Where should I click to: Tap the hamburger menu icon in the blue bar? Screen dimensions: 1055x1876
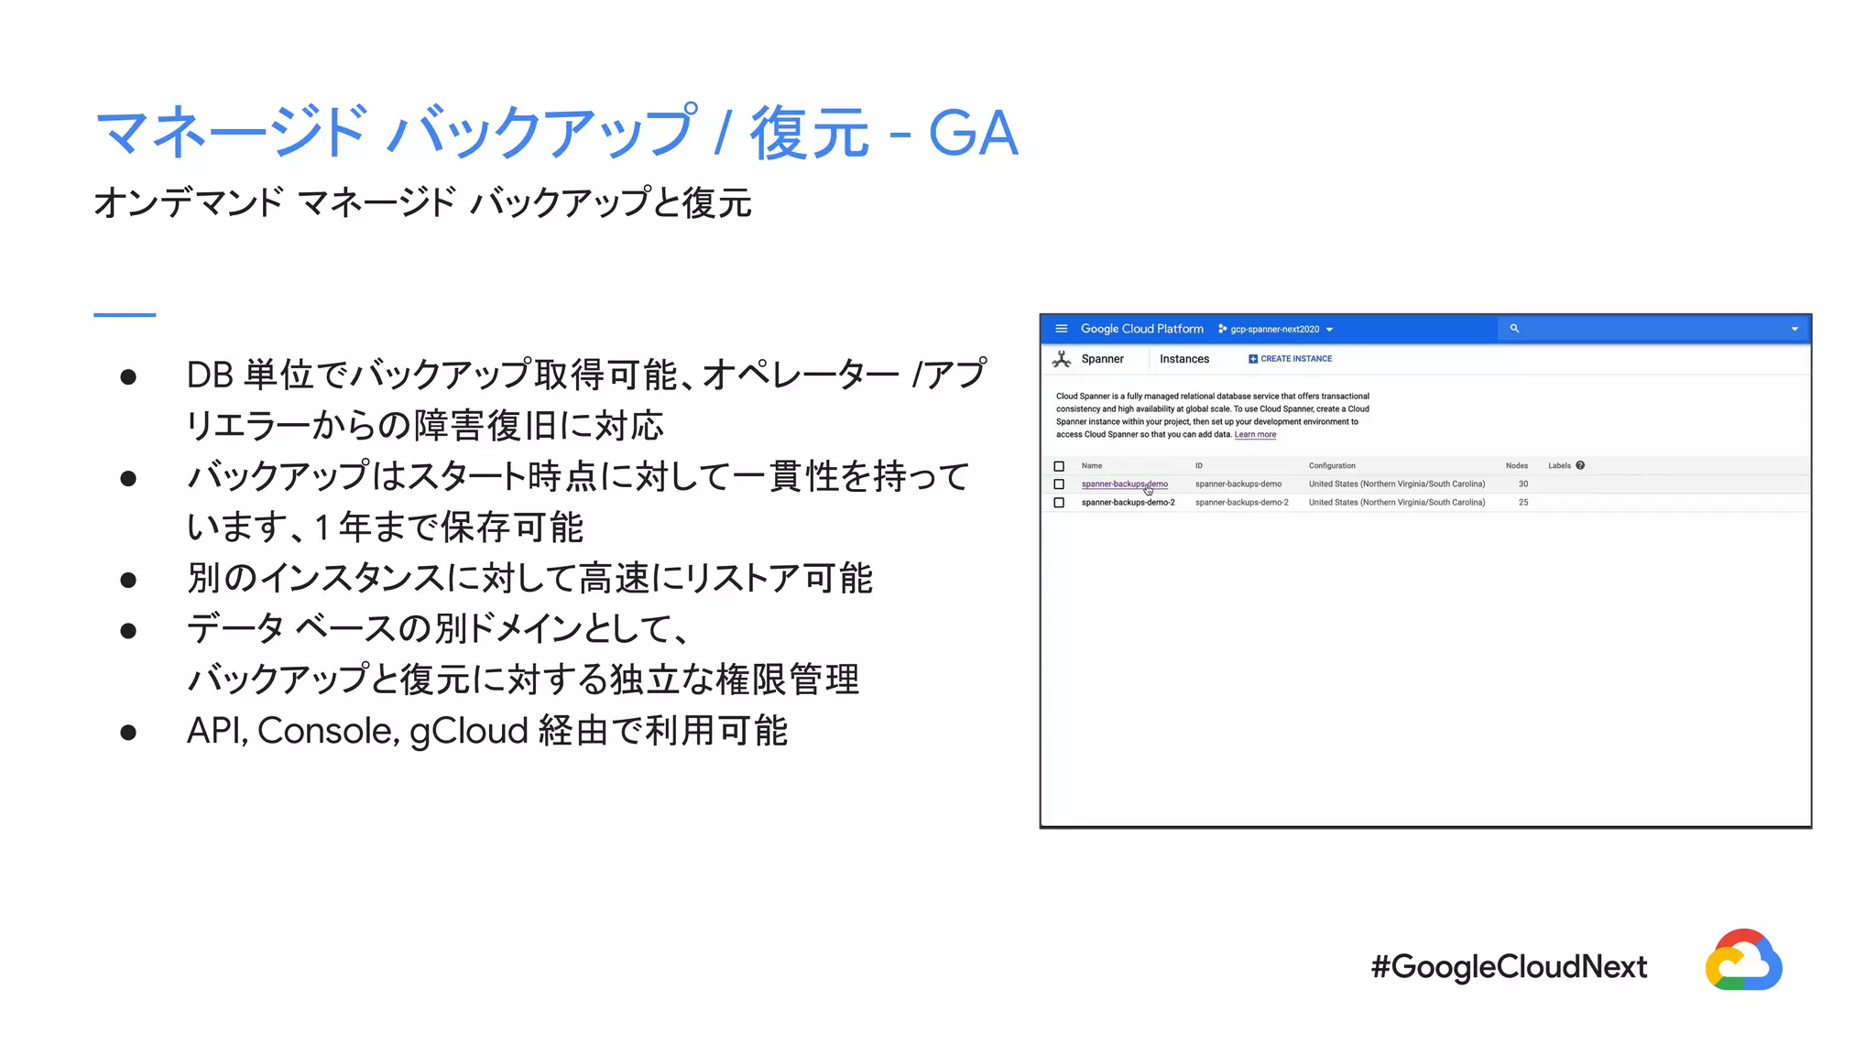click(1061, 329)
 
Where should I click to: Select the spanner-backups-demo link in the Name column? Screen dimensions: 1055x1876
click(1124, 484)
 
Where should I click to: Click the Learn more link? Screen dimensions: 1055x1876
click(1255, 435)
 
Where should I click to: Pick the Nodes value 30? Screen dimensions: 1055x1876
click(1523, 484)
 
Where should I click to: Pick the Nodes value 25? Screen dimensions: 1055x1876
click(1523, 502)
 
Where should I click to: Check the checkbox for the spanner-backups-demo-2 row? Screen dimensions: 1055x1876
click(1059, 503)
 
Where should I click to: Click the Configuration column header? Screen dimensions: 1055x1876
click(1332, 465)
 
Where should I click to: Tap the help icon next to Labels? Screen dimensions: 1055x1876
click(1580, 465)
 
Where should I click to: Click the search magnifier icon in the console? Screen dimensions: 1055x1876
click(1514, 328)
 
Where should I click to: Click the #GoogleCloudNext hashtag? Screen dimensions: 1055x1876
click(1509, 966)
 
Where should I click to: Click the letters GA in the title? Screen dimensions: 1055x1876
click(973, 134)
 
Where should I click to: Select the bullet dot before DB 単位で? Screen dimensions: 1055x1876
click(128, 376)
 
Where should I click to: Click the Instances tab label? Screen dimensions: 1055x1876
click(1184, 359)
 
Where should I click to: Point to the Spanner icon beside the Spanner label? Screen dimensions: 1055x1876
click(1062, 359)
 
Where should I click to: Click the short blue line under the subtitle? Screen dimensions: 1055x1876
click(125, 315)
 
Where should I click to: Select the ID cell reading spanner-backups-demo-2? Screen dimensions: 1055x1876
click(1241, 502)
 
